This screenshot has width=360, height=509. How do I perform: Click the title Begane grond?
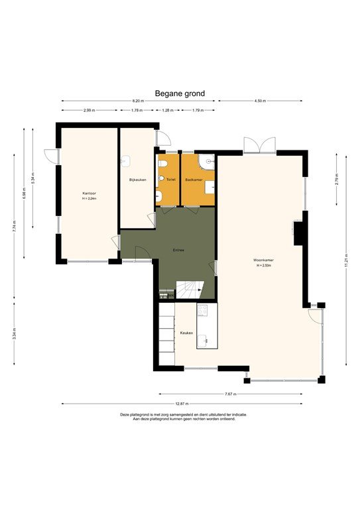180,94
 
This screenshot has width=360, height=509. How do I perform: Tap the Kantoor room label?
90,194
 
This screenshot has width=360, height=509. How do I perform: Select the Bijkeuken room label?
137,180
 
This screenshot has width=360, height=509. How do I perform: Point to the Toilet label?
170,180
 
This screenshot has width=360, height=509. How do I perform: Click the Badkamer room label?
194,180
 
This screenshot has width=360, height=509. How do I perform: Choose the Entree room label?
178,250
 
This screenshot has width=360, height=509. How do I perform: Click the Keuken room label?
186,333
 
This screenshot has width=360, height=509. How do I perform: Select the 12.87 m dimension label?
182,403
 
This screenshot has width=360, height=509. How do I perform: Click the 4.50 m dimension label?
260,101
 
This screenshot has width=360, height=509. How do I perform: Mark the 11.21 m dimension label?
345,258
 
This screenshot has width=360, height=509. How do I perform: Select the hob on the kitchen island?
204,310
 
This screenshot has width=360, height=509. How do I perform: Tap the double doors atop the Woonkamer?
259,145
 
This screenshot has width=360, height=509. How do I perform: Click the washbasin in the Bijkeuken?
126,160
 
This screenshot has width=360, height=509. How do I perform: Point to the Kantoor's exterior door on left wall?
51,156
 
